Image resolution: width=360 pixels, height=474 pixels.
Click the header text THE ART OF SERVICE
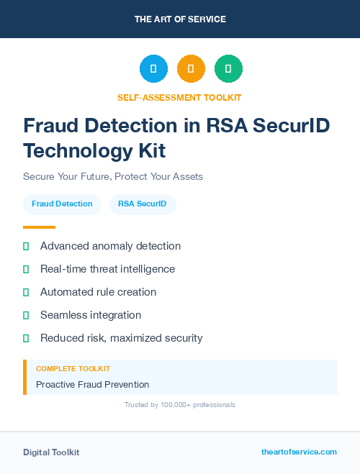point(180,19)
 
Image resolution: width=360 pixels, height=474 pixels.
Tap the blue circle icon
point(153,69)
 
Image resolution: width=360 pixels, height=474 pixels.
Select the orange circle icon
point(191,69)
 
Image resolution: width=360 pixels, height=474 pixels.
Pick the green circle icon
point(228,69)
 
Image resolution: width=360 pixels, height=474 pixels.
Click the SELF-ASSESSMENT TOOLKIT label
point(180,97)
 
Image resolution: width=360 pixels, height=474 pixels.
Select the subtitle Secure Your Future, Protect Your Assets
point(113,176)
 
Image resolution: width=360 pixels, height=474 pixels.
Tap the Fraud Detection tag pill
point(62,204)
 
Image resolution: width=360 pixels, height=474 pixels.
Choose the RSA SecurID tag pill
point(143,204)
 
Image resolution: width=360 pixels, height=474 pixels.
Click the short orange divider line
point(39,227)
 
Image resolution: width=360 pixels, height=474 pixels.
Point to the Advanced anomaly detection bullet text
point(110,246)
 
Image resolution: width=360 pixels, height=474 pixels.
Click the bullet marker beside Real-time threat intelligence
point(26,269)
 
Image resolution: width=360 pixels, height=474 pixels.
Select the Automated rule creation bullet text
point(98,292)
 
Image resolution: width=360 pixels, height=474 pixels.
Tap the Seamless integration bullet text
point(91,315)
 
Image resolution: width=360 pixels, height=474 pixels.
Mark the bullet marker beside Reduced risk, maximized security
point(26,338)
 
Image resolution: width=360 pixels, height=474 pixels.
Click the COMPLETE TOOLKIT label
point(73,369)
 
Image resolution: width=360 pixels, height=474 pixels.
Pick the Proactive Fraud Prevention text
point(92,385)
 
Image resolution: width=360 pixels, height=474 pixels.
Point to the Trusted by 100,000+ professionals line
point(180,405)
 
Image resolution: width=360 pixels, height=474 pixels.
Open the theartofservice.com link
point(299,452)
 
